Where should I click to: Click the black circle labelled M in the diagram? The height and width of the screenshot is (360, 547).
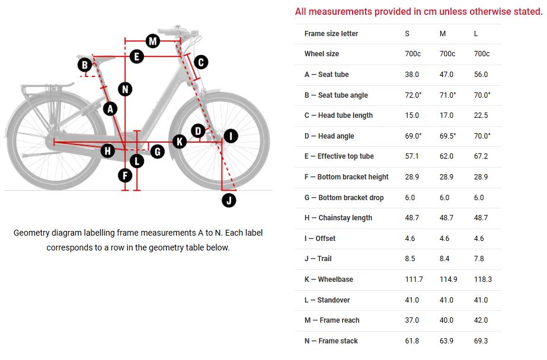click(153, 41)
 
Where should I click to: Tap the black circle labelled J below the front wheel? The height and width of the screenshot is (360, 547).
click(229, 200)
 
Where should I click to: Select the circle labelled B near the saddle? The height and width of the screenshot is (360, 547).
click(85, 65)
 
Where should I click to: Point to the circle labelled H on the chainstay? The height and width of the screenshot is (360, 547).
click(107, 150)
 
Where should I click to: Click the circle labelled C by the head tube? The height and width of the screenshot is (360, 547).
click(200, 62)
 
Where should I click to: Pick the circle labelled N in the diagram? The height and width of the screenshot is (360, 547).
click(124, 89)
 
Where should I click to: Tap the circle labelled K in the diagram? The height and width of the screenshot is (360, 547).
click(179, 141)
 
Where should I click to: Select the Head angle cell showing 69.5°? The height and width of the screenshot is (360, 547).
click(447, 136)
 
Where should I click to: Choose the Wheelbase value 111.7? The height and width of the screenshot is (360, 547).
click(413, 279)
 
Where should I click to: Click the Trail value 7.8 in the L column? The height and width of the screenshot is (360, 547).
click(479, 259)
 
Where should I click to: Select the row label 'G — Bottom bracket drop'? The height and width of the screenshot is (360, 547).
click(344, 198)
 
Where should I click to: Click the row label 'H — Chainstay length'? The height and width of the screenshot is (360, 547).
click(338, 218)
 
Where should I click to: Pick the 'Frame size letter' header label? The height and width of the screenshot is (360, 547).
click(331, 34)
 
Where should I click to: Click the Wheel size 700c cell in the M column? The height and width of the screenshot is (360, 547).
click(447, 54)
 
